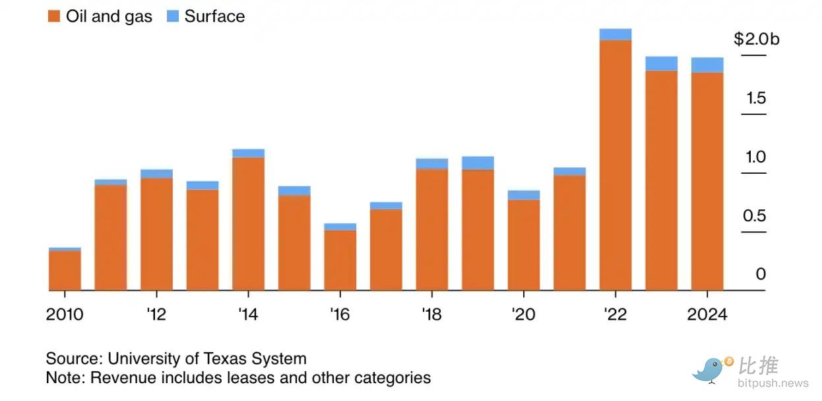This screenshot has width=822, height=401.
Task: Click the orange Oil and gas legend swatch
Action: [54, 17]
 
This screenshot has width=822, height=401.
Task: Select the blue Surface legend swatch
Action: [173, 17]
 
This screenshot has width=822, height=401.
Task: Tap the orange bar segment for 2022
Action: [615, 165]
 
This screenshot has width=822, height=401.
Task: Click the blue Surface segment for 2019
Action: [478, 163]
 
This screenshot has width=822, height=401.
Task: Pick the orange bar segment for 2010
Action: [65, 270]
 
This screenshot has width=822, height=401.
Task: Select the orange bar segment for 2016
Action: [340, 260]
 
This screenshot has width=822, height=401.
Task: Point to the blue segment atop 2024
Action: [707, 65]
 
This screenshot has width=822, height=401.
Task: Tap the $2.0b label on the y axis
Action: [756, 39]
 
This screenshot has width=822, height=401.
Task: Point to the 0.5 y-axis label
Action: [755, 216]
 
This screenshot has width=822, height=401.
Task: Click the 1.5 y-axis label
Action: [756, 98]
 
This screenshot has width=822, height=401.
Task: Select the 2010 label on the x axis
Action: [65, 314]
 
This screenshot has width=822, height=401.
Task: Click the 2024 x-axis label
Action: [707, 314]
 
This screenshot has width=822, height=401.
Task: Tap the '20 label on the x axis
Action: [523, 314]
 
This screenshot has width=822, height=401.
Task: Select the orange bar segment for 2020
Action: [524, 244]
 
